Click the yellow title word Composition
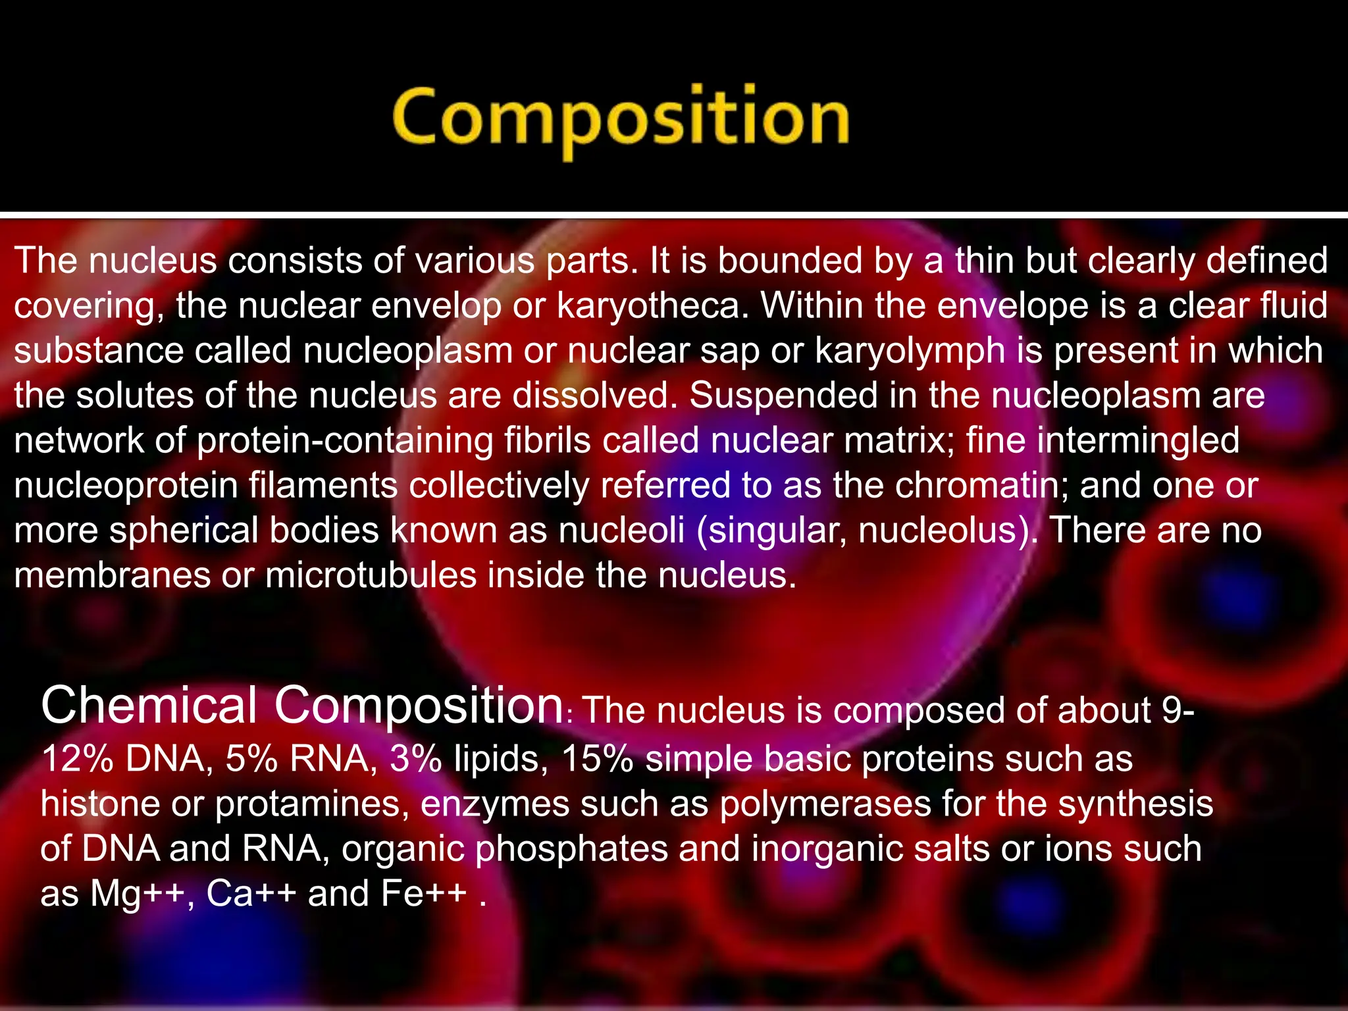(x=621, y=118)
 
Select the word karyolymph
(x=910, y=350)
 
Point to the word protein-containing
(x=345, y=440)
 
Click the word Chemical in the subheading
(x=149, y=706)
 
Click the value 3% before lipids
(x=415, y=759)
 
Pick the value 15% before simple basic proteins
(x=597, y=759)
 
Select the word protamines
(x=307, y=804)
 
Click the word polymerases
(x=825, y=804)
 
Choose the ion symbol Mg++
(x=137, y=894)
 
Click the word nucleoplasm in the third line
(x=407, y=350)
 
